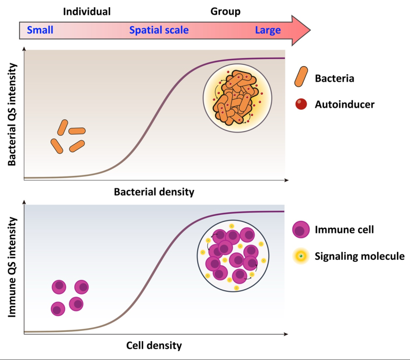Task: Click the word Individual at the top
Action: (87, 12)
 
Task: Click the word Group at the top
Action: (225, 12)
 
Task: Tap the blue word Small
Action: (40, 31)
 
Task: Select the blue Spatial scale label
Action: (159, 31)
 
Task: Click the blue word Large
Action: (268, 31)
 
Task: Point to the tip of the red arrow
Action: (310, 31)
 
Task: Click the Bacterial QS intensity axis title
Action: (12, 115)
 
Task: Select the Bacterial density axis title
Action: (154, 192)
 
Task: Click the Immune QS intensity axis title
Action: (12, 267)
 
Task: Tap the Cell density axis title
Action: (154, 346)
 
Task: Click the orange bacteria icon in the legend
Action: (301, 76)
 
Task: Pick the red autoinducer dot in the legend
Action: (301, 104)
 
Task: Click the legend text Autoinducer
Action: (345, 104)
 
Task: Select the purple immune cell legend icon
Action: (301, 230)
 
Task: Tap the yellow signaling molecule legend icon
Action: (301, 256)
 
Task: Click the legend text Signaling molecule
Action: (360, 256)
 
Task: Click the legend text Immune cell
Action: (344, 230)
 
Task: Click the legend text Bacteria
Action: (334, 78)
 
